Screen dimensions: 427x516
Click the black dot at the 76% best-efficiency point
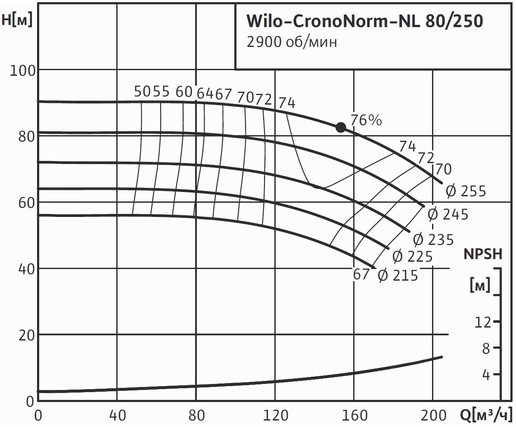point(341,127)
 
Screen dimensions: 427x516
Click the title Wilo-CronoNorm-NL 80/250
point(364,21)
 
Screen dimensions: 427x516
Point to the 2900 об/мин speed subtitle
point(291,42)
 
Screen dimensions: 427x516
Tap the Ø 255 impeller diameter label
point(466,191)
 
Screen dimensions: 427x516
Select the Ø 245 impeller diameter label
point(448,214)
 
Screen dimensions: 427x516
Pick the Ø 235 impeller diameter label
point(433,239)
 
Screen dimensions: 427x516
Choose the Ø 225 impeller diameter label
point(413,257)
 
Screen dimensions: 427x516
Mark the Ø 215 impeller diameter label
point(398,275)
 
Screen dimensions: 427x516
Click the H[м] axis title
point(17,20)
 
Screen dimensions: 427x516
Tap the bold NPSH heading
point(483,254)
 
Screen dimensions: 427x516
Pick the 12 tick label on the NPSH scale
point(482,322)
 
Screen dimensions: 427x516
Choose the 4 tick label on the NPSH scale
point(486,375)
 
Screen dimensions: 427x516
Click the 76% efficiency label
point(366,121)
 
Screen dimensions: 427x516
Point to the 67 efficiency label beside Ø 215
point(361,274)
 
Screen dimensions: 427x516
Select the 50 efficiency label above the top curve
point(143,92)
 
